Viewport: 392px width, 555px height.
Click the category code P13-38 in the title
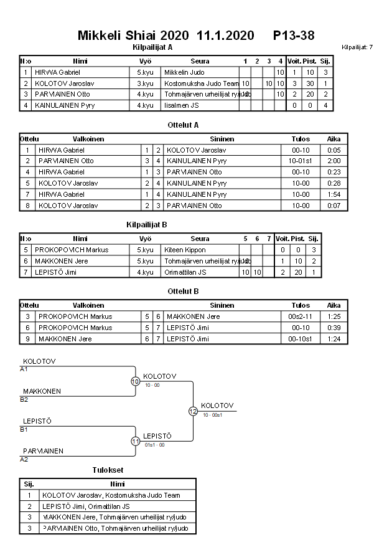point(294,36)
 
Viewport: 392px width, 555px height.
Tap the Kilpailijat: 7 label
point(357,47)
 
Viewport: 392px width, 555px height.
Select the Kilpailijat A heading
point(153,47)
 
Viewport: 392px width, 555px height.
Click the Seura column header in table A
point(200,61)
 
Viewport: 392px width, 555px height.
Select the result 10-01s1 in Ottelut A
point(301,161)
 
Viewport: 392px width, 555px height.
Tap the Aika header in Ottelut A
point(334,139)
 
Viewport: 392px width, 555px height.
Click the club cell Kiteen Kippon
point(185,250)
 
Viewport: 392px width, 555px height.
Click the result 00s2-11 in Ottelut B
point(301,316)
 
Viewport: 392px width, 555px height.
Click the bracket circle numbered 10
point(135,381)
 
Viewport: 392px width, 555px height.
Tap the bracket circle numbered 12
point(193,411)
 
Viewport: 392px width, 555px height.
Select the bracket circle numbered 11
point(135,441)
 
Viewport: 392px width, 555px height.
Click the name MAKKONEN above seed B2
point(42,391)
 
